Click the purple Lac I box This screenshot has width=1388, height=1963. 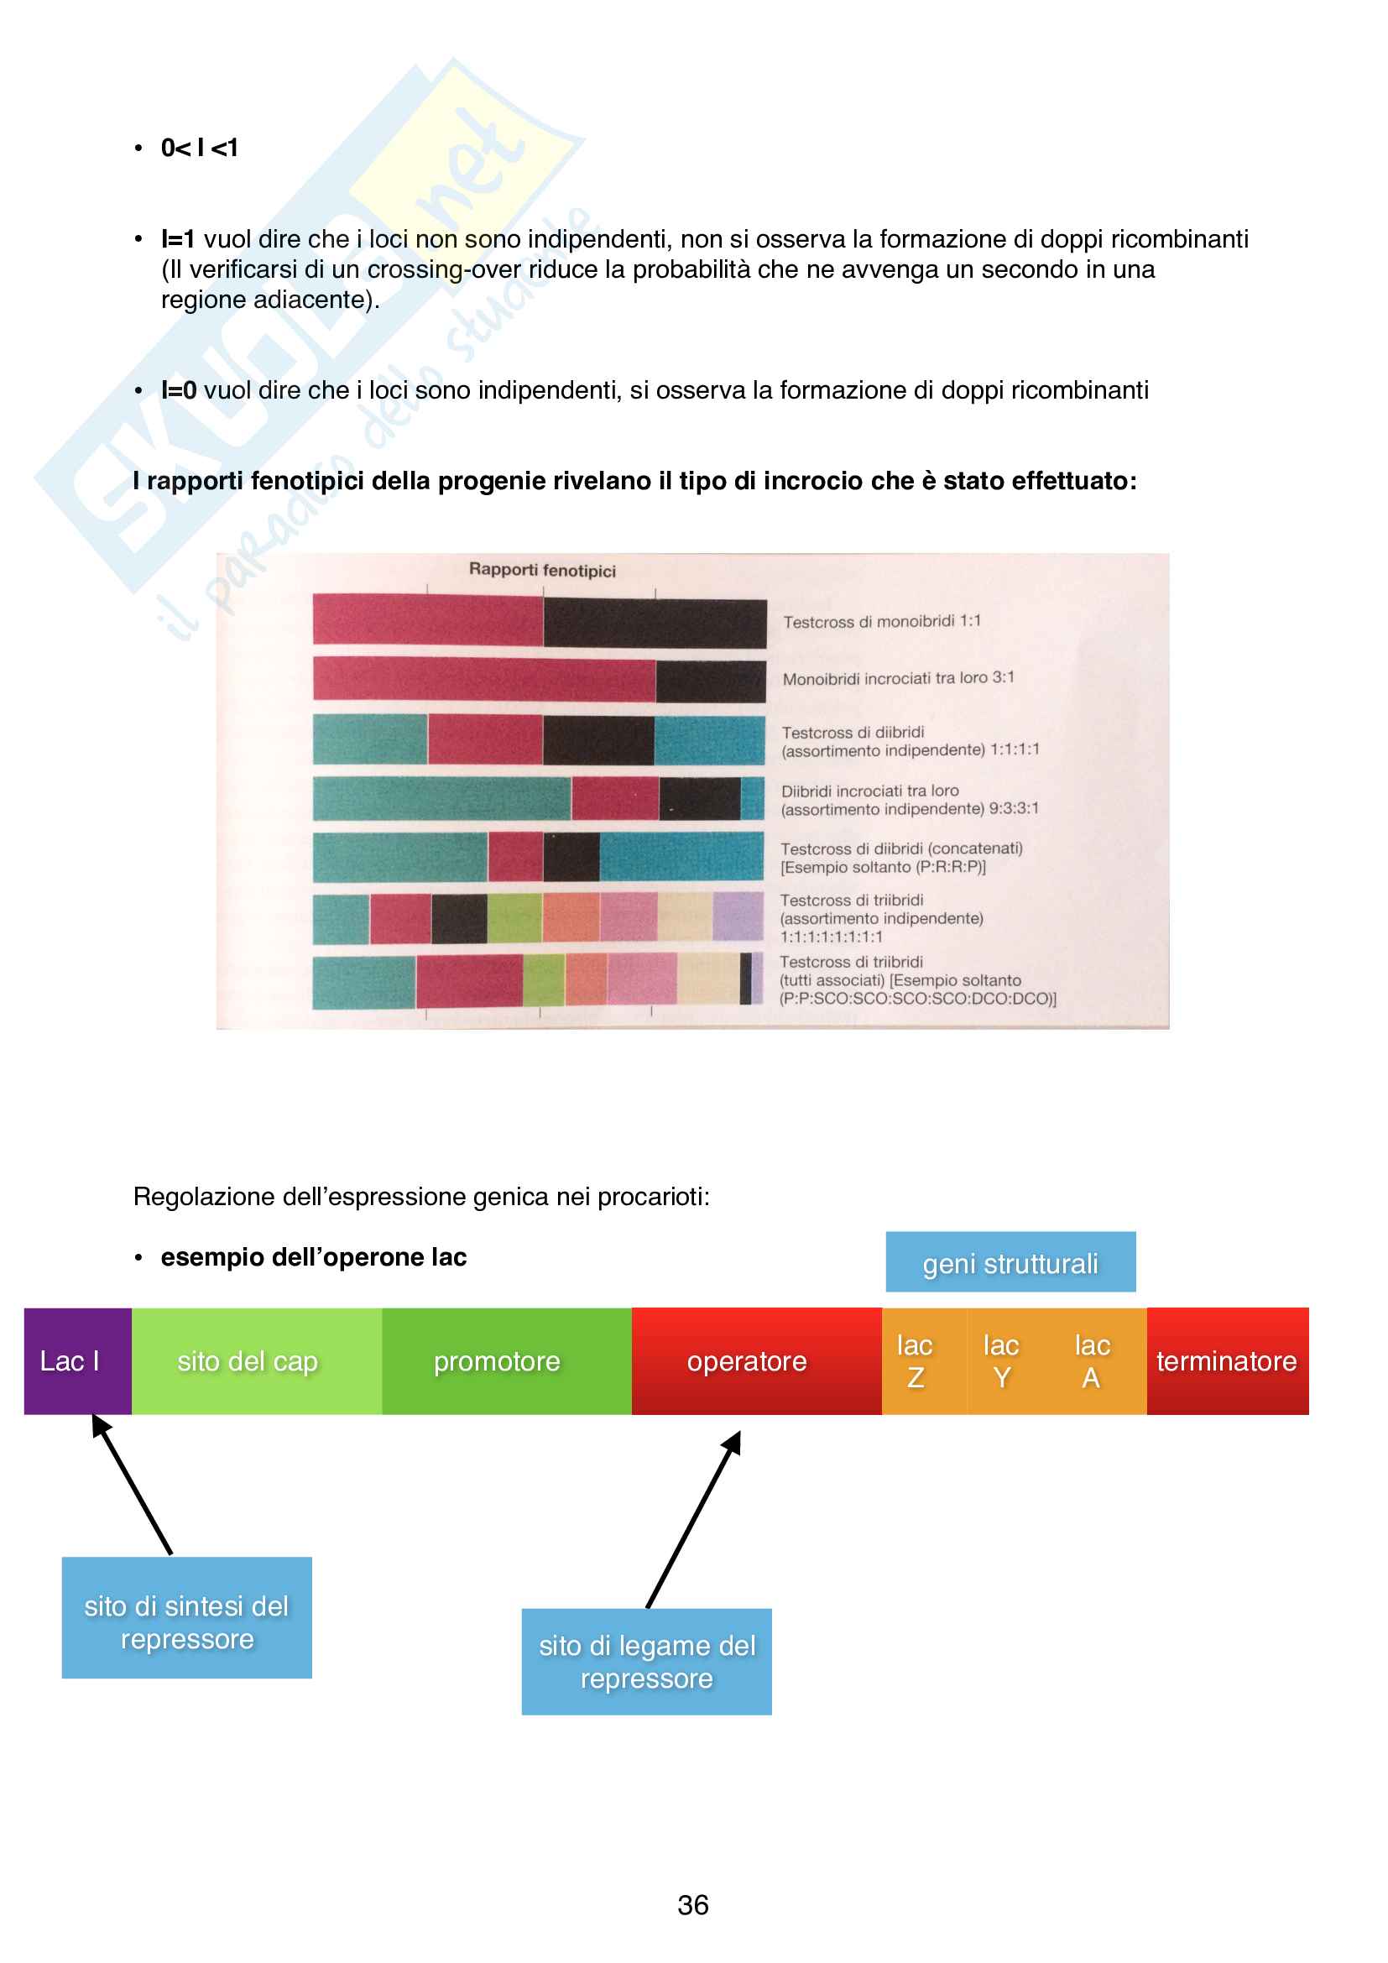[x=77, y=1360]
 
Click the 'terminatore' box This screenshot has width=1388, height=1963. [x=1227, y=1360]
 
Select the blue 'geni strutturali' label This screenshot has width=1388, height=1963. [x=1010, y=1262]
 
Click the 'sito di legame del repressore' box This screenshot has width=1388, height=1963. [x=646, y=1661]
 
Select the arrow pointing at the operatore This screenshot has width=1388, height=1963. [x=693, y=1520]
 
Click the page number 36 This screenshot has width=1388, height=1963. [x=692, y=1904]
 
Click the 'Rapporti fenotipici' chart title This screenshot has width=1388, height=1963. [x=542, y=569]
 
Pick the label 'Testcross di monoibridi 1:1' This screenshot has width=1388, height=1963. [x=881, y=622]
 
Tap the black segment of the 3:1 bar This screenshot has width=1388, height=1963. [x=709, y=681]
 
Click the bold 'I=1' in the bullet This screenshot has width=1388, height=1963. [x=178, y=239]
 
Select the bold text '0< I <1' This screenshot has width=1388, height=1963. [x=199, y=148]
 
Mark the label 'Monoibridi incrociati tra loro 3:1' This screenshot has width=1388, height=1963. [x=898, y=678]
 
